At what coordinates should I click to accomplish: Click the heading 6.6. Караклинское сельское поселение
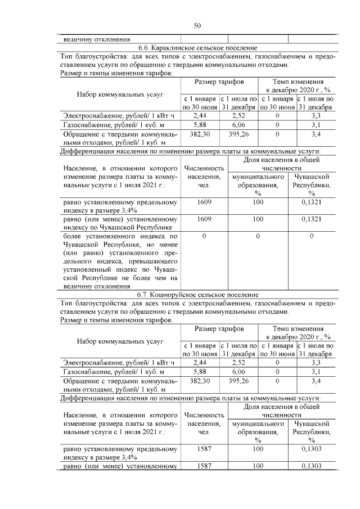[197, 48]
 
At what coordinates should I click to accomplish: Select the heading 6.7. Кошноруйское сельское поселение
[197, 294]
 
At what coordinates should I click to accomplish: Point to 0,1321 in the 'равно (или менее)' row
[312, 218]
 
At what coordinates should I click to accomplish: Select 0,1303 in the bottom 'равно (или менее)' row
[312, 466]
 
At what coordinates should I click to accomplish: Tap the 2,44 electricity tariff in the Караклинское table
[200, 115]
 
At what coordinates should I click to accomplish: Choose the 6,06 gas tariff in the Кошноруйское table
[239, 372]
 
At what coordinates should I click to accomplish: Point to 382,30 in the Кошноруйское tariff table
[200, 381]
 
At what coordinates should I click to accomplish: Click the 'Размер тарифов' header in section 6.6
[219, 82]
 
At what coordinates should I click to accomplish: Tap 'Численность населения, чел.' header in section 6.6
[205, 177]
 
